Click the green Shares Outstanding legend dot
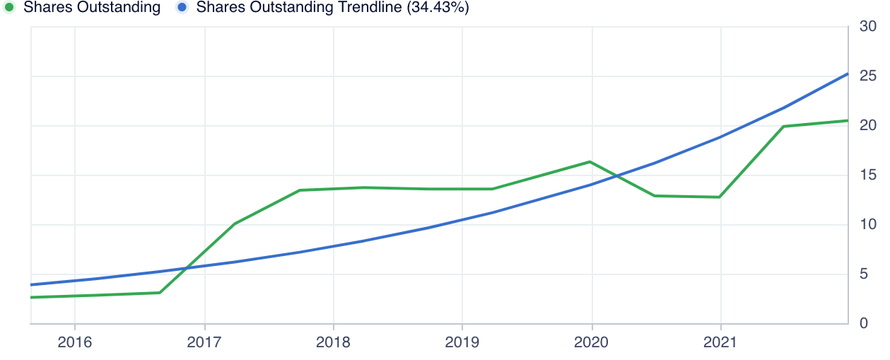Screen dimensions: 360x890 9,8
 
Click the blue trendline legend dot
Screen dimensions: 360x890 182,8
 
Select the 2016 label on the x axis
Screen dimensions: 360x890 75,342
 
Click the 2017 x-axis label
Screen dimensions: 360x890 204,342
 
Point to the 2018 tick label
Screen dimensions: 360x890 333,342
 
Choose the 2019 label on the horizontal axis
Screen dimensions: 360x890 462,342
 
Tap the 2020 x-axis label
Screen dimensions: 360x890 591,342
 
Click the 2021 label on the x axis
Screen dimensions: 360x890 720,342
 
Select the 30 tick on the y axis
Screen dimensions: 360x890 868,27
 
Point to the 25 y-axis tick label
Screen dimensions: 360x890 868,76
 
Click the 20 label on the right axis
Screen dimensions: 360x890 868,126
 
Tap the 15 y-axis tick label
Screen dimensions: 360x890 868,175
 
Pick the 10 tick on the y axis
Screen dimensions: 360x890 868,225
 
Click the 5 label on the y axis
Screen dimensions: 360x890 864,274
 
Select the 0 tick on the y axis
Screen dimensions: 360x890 864,324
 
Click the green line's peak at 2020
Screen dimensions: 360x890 590,162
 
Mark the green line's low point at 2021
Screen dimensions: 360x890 720,197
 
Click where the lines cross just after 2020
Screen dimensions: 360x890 617,175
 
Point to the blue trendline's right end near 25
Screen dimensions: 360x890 848,74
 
